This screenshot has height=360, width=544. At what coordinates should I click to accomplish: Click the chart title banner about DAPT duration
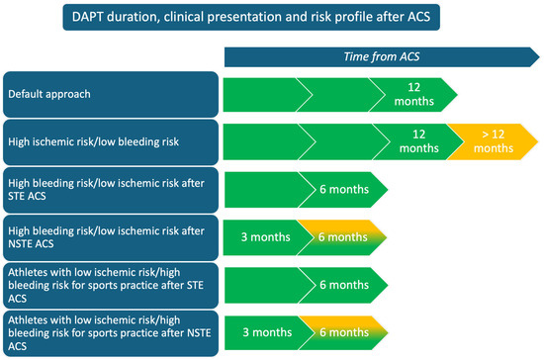(251, 17)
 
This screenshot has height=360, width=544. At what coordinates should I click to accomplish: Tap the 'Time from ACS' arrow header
(382, 57)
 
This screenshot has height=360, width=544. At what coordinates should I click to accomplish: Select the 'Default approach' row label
(111, 94)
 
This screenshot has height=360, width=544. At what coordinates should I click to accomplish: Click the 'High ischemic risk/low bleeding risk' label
(111, 141)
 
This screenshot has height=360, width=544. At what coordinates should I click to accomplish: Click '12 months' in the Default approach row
(413, 94)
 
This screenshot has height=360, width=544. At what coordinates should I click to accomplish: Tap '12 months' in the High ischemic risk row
(418, 141)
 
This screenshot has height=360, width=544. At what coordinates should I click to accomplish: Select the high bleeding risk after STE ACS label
(111, 190)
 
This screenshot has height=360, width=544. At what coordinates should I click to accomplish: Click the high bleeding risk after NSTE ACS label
(111, 237)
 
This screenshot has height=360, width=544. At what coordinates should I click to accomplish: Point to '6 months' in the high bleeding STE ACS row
(344, 189)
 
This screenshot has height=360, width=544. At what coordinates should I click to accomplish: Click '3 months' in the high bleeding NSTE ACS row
(265, 237)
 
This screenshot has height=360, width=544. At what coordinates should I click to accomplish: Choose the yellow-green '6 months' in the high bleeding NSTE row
(342, 237)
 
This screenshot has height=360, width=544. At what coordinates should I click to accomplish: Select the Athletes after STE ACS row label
(111, 286)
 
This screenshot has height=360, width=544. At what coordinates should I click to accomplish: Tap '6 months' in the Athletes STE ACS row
(344, 285)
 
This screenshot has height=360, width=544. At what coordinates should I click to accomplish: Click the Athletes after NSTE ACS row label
(111, 333)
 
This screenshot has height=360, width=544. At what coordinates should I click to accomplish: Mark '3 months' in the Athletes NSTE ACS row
(267, 332)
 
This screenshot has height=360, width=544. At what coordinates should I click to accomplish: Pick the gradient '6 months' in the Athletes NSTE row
(343, 332)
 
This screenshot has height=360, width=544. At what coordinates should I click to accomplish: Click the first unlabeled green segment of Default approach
(264, 95)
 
